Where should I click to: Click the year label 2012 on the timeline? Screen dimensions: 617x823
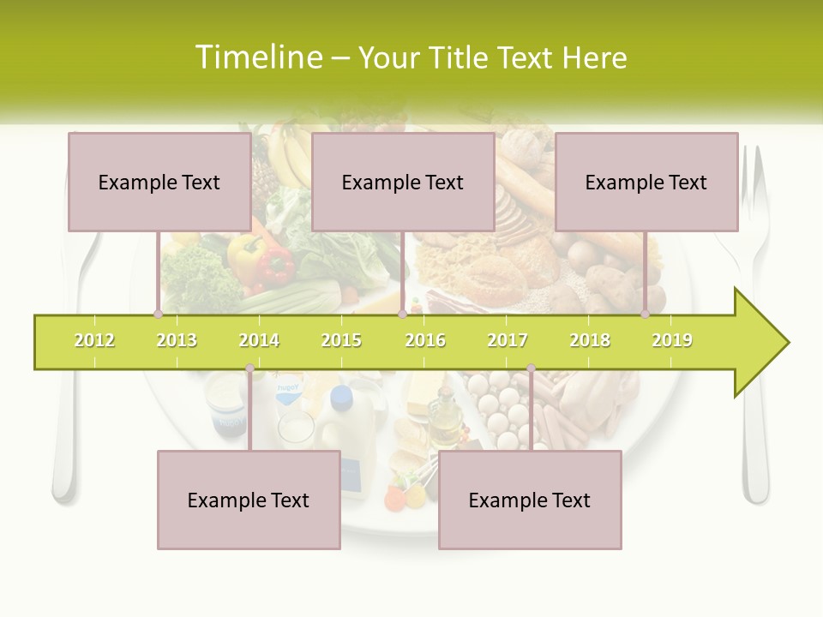point(94,340)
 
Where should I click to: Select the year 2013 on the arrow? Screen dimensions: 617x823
point(177,340)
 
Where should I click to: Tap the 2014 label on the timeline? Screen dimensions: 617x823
point(259,340)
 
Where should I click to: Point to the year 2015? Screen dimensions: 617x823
point(341,340)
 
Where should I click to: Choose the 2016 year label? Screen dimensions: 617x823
point(425,340)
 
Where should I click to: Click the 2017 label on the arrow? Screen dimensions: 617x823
point(508,340)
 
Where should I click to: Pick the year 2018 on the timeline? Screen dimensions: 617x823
point(590,340)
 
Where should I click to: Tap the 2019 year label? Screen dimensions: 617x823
point(672,340)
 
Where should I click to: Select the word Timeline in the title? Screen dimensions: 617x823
point(256,57)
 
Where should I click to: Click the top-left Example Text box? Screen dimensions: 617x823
point(159,182)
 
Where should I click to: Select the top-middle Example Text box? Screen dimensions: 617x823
point(403,182)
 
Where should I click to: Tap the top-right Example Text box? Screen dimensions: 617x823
point(646,182)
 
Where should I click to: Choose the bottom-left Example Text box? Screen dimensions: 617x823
point(249,500)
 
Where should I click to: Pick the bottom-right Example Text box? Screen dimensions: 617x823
point(530,500)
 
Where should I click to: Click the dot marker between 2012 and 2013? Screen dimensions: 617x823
point(158,314)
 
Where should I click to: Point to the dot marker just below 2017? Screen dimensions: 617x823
point(531,368)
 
